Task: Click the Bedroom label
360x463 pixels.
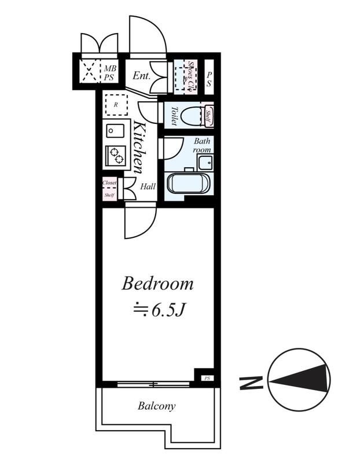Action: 157,284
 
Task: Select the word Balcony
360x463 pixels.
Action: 156,406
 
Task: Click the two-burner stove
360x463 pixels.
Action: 115,155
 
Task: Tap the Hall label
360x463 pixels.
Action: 148,186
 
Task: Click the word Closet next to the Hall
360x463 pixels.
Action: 109,183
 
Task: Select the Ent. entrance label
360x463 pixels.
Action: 141,75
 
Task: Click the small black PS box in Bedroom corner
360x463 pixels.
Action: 206,377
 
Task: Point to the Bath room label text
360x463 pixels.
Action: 202,145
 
